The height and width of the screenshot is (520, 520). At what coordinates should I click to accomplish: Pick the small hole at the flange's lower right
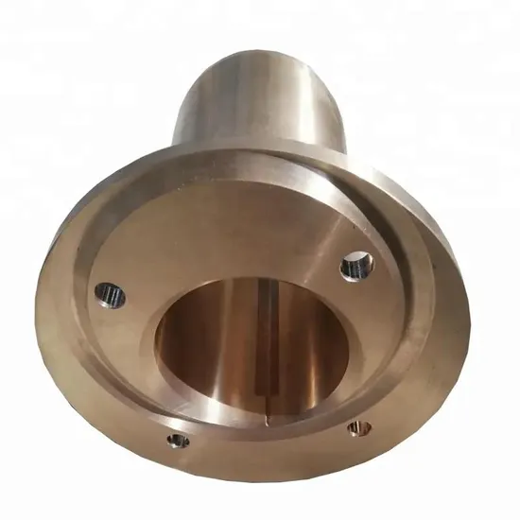(x=356, y=428)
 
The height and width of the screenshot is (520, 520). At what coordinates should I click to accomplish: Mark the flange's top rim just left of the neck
(x=142, y=175)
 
